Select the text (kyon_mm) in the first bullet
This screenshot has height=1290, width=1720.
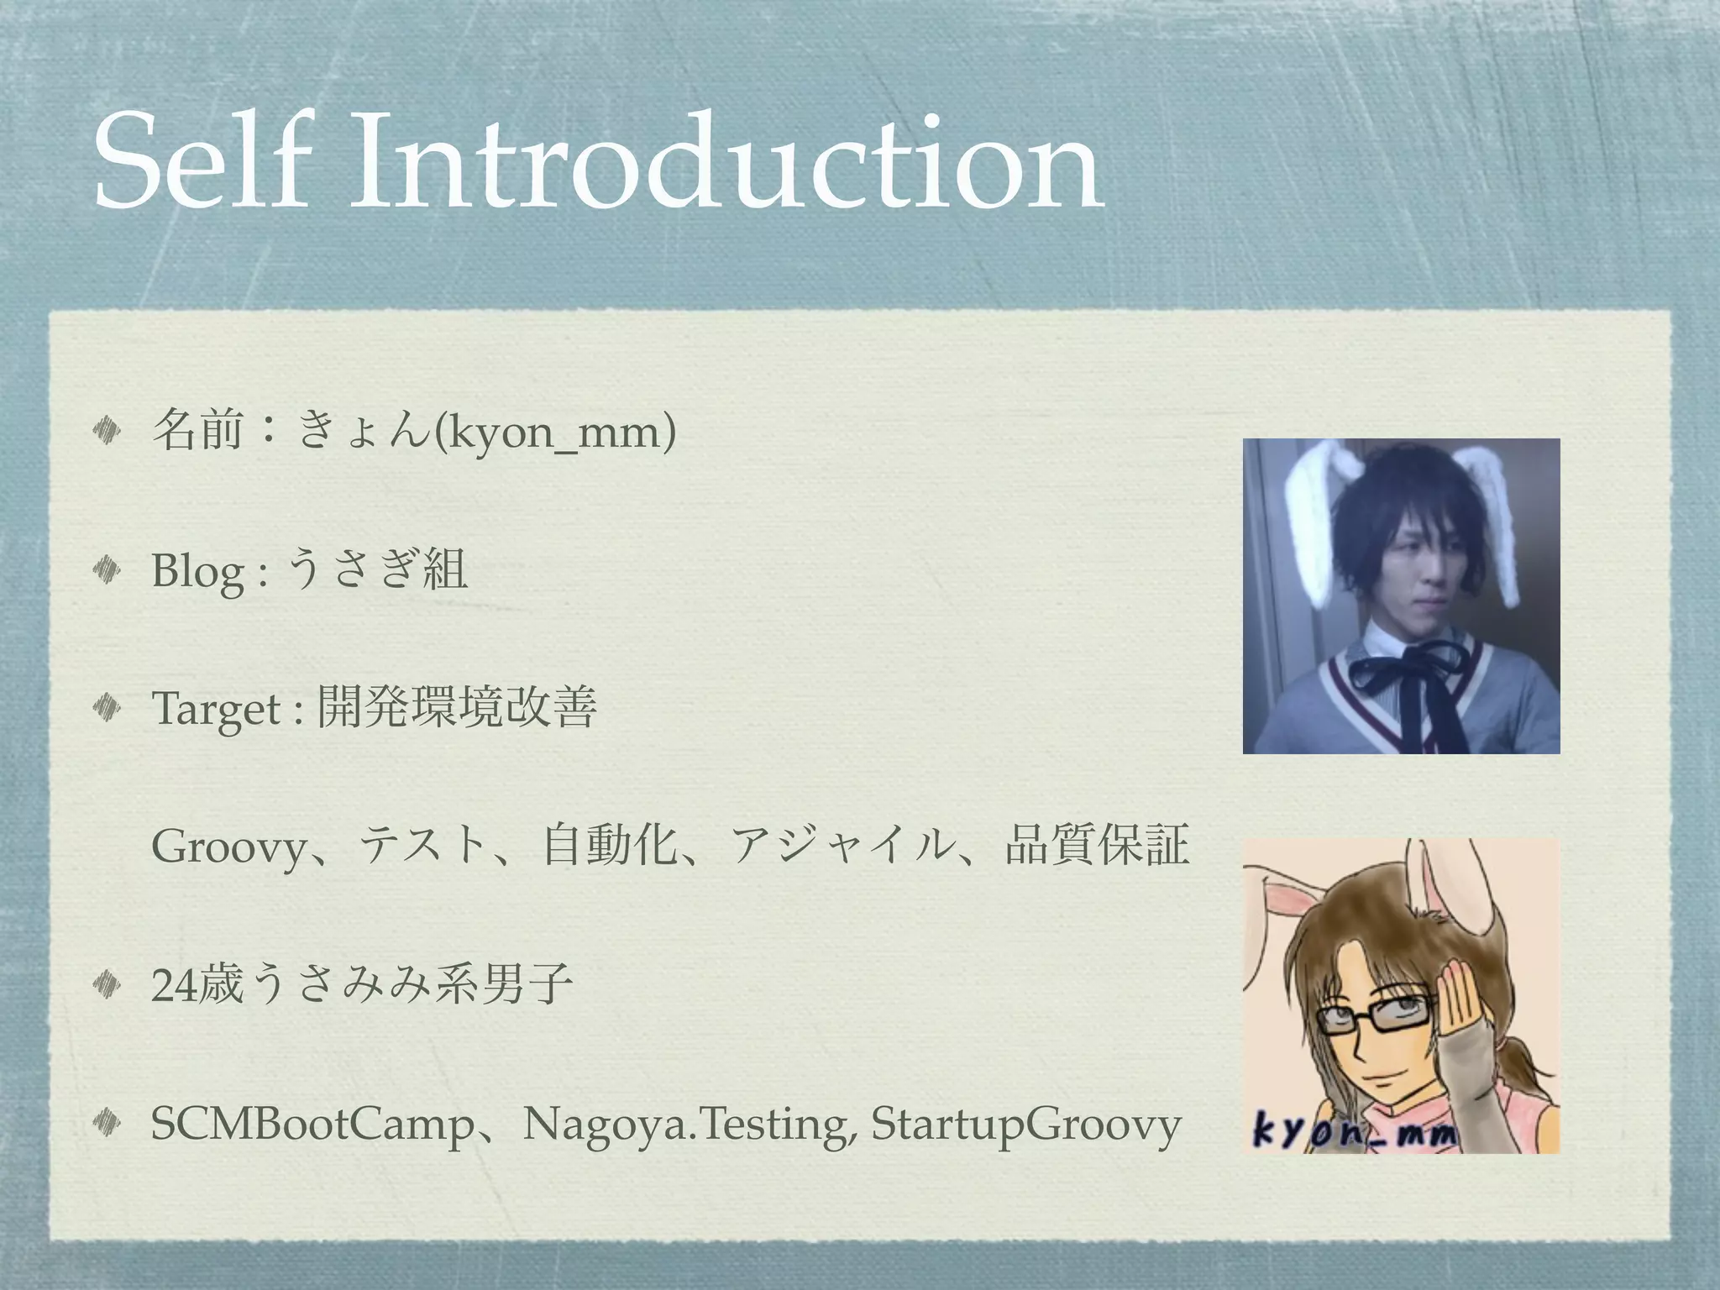[x=555, y=433]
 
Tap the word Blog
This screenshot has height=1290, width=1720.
[x=198, y=573]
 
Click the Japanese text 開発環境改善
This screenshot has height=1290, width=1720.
[x=457, y=709]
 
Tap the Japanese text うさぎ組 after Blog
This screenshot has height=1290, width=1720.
[x=378, y=571]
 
